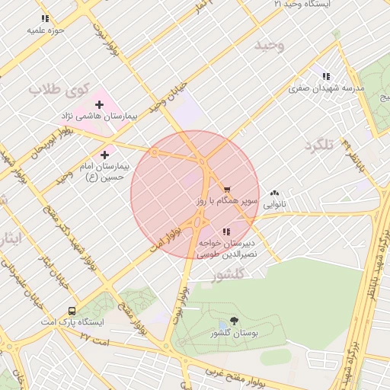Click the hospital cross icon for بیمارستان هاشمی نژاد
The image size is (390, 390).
pyautogui.click(x=99, y=104)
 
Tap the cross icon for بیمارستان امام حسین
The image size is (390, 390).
pyautogui.click(x=104, y=155)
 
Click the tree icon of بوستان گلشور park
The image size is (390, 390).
pyautogui.click(x=234, y=323)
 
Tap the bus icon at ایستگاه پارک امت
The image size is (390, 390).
pyautogui.click(x=72, y=311)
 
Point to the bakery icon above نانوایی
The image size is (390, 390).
pyautogui.click(x=274, y=193)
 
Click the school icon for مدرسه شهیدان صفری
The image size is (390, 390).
pyautogui.click(x=326, y=76)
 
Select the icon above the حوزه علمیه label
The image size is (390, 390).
pyautogui.click(x=45, y=18)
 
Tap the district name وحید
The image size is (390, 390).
pyautogui.click(x=270, y=46)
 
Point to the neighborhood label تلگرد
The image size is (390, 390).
pyautogui.click(x=319, y=145)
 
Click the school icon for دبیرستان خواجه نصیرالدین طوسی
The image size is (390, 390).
pyautogui.click(x=225, y=232)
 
